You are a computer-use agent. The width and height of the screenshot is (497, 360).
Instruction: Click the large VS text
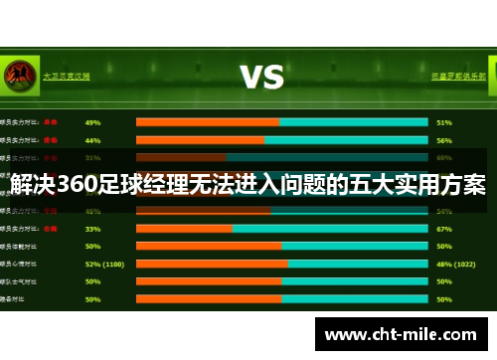tap(262, 77)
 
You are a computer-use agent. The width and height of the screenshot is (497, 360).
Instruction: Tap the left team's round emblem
tap(17, 75)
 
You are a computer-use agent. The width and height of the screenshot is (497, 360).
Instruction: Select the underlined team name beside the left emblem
tap(66, 75)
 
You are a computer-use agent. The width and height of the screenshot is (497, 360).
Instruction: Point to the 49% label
tap(93, 122)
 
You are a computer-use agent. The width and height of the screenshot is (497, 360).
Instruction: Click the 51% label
tap(444, 122)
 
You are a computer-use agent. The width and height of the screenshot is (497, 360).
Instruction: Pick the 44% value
tap(93, 140)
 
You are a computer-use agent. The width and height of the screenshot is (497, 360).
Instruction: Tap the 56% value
tap(444, 140)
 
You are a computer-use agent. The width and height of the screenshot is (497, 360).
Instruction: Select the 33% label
tap(93, 228)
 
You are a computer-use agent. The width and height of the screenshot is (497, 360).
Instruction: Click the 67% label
tap(444, 228)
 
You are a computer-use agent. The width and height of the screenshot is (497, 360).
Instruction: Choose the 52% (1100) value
tap(104, 264)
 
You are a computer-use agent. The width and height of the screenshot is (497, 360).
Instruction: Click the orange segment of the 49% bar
tap(207, 122)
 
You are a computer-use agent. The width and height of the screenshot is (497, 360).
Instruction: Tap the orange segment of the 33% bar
tap(184, 228)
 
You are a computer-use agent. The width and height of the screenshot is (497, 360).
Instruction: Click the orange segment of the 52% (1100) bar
tap(211, 264)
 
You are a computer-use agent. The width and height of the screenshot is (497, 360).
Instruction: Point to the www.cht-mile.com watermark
tap(401, 335)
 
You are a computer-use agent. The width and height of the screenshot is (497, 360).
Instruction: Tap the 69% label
tap(444, 157)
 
